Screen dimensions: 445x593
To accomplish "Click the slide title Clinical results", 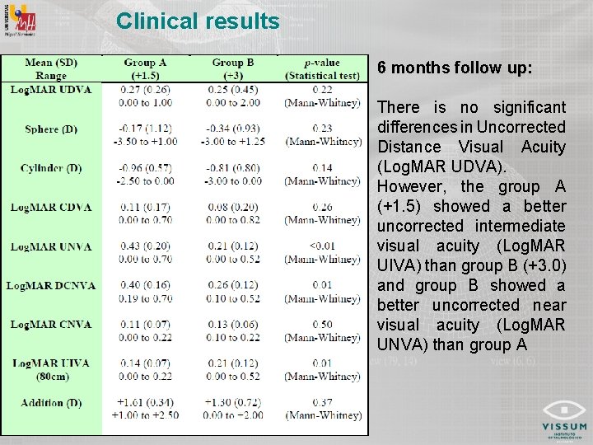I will coord(198,21).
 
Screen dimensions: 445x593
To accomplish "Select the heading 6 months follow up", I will coord(455,69).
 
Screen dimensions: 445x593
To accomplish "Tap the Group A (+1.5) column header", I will coord(145,69).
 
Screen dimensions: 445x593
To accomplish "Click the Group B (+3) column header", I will coord(233,69).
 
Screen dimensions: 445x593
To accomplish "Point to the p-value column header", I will coord(322,69).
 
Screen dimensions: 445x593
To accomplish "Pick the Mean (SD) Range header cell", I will coord(51,69).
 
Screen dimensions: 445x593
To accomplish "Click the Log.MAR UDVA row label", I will coord(51,89).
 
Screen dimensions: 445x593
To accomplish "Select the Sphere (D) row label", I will coord(51,129).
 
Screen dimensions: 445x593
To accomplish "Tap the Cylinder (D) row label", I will coord(51,168).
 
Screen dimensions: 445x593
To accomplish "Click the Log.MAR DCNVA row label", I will coord(51,286).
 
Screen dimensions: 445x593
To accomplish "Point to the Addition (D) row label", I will coord(51,403).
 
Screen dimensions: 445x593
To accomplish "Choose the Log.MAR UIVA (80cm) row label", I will coord(51,370).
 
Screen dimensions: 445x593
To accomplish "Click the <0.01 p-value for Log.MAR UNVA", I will coord(322,246).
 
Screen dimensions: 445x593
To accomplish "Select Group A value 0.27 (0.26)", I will coord(145,89).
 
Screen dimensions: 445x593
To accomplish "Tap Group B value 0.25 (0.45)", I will coord(233,89).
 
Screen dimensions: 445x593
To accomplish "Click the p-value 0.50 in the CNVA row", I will coord(322,325).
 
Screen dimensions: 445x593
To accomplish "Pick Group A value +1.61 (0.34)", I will coord(145,403).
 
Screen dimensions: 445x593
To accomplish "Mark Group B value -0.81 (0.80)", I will coord(233,168).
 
